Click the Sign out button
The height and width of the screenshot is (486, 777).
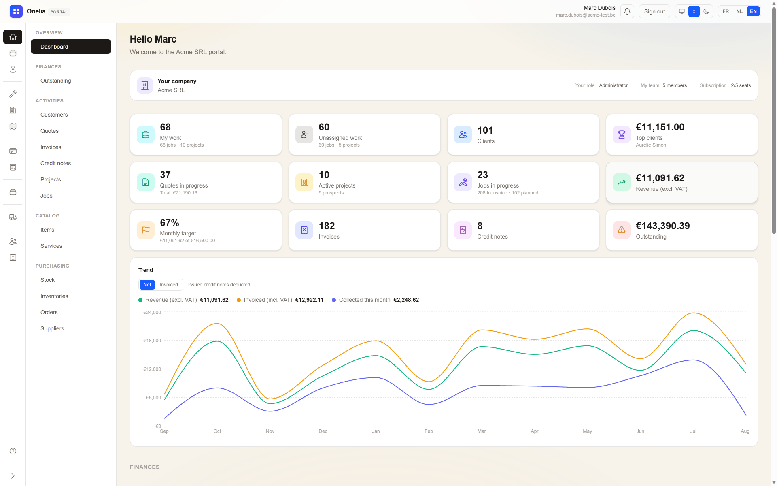point(654,11)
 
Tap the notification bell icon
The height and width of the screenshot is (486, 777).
point(627,11)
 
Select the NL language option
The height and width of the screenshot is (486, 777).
point(739,11)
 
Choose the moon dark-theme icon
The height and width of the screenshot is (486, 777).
point(706,11)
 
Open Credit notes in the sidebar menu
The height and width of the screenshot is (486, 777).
point(55,163)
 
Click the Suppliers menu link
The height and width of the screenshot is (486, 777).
point(52,328)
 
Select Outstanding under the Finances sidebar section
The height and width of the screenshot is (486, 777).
point(55,81)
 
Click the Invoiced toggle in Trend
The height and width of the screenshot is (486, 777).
point(169,285)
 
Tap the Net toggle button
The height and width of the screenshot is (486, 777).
point(147,285)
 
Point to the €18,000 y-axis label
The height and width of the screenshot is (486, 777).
point(152,341)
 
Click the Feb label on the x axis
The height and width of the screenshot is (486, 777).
point(429,431)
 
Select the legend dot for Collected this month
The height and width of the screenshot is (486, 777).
point(334,300)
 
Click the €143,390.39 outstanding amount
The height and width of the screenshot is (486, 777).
point(662,226)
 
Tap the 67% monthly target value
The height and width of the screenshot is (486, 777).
point(169,222)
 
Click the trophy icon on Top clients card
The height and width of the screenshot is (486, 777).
point(622,134)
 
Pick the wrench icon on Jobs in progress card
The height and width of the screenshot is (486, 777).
point(463,182)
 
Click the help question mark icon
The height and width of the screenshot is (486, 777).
point(13,451)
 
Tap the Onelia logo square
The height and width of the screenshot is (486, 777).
point(16,11)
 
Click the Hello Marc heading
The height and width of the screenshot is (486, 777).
point(153,39)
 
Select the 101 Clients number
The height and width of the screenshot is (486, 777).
point(485,130)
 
